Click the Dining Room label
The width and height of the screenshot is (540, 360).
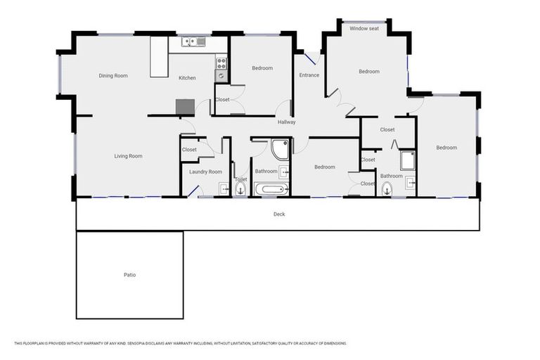coord(113,75)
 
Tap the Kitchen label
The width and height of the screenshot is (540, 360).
coord(187,78)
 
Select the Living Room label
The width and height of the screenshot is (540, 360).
coord(129,156)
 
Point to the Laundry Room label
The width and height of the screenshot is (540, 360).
coord(205,172)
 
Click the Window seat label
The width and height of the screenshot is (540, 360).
coord(364,29)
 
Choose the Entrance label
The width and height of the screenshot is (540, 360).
coord(309,75)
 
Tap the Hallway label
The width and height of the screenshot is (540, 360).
coord(286,122)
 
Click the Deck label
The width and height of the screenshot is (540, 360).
coord(279,214)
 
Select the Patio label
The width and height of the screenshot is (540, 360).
coord(129,274)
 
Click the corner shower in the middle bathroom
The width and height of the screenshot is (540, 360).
coord(280,149)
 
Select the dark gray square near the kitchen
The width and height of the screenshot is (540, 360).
coord(184,107)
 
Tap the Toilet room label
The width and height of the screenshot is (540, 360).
coord(240,179)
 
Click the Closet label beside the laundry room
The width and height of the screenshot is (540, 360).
coord(189,150)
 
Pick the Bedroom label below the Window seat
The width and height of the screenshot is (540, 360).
coord(369,72)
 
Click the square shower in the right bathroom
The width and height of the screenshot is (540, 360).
coord(408,161)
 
